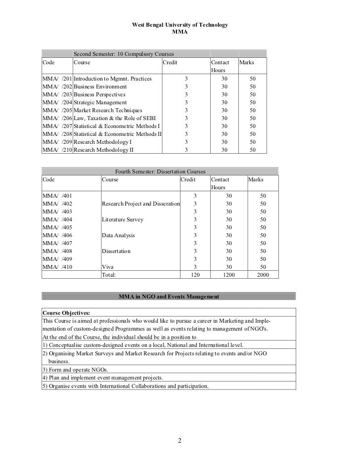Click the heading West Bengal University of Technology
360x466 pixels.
click(180, 25)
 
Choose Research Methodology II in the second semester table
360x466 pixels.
click(103, 150)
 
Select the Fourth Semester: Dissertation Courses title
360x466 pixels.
click(160, 171)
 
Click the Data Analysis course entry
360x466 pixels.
click(118, 235)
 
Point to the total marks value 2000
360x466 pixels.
click(263, 275)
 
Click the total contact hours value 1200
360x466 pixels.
click(227, 275)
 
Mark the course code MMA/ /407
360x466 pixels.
click(57, 243)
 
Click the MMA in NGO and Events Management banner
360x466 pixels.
click(169, 297)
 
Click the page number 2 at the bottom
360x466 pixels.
click(180, 441)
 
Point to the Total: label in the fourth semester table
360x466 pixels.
click(111, 275)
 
